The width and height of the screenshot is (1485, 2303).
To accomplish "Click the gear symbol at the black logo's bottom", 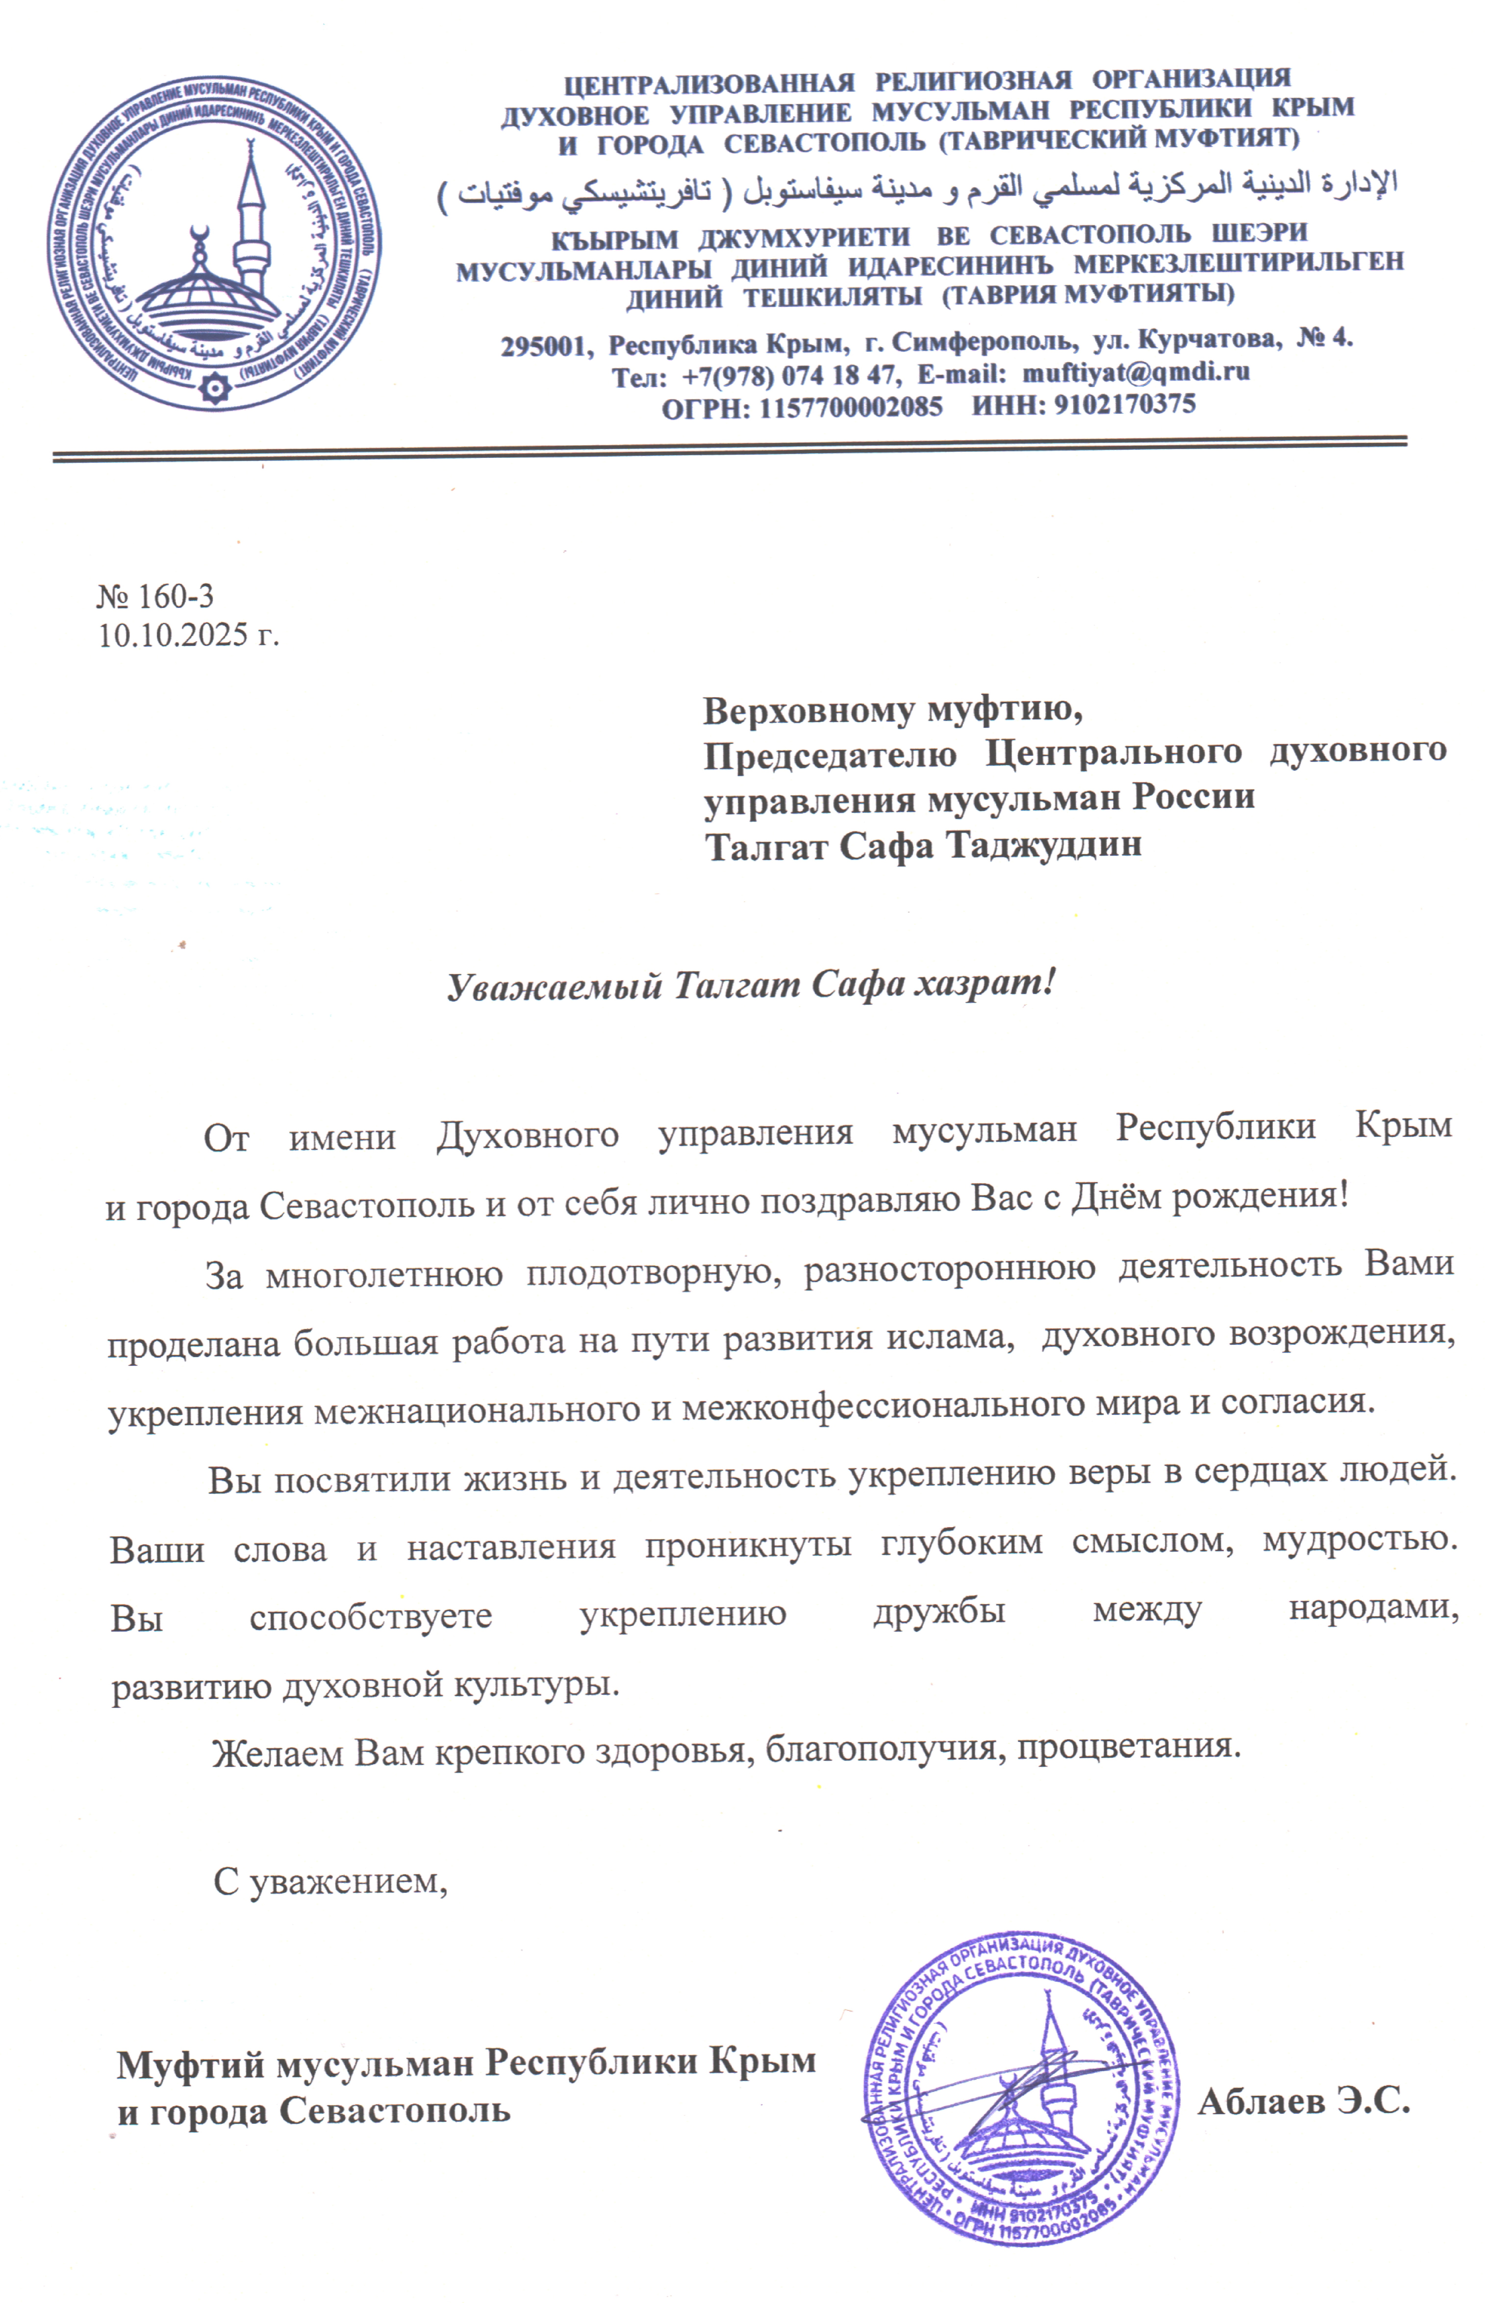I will click(214, 389).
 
